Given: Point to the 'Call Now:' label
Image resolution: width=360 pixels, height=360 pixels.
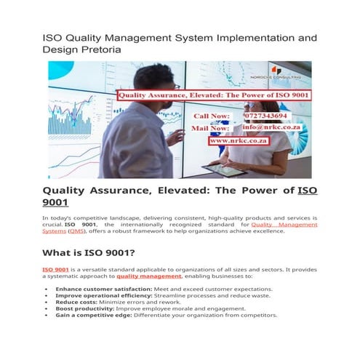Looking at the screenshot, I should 212,116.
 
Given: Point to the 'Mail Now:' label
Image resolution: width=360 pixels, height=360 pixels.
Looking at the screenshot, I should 212,127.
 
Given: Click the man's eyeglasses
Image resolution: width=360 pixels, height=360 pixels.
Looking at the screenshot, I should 175,87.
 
